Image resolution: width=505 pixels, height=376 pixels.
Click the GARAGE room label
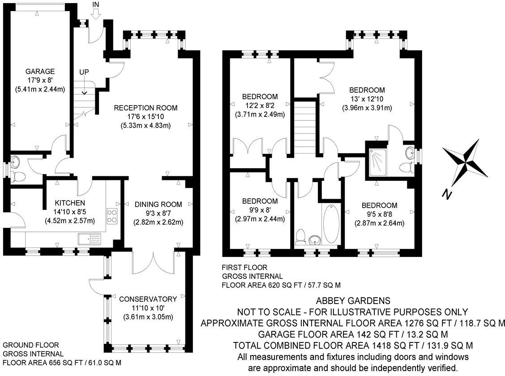pyautogui.click(x=40, y=72)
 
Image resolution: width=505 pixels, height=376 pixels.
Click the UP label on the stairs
pyautogui.click(x=84, y=72)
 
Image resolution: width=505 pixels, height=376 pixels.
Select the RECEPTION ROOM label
pyautogui.click(x=146, y=108)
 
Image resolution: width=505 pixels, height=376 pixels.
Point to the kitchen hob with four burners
pyautogui.click(x=112, y=216)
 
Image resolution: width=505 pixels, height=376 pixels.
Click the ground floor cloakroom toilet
pyautogui.click(x=18, y=176)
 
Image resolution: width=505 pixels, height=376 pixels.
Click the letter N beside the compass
pyautogui.click(x=446, y=194)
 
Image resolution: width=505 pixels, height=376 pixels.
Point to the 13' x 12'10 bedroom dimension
pyautogui.click(x=367, y=99)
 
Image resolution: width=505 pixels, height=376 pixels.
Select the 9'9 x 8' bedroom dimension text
pyautogui.click(x=260, y=210)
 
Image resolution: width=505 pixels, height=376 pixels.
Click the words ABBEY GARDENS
pyautogui.click(x=353, y=300)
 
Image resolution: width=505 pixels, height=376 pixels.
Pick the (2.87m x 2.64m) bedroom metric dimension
pyautogui.click(x=380, y=223)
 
